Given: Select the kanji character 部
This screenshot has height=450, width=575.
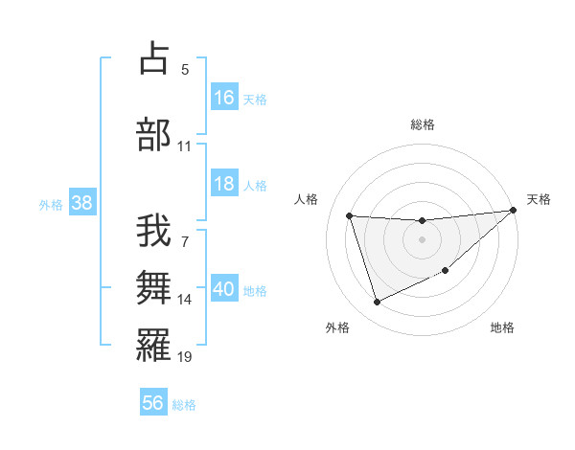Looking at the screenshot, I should point(154,134).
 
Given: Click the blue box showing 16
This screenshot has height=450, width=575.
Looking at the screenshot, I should point(224,98).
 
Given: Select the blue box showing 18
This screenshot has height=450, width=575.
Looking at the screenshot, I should point(224,184).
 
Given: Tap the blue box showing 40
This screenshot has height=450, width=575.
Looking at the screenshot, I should point(224,290).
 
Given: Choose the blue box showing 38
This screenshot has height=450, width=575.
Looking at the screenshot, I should point(81,203).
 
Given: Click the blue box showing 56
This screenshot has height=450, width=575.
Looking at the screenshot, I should point(153,403).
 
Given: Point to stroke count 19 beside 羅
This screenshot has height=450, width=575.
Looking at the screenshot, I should point(185,357).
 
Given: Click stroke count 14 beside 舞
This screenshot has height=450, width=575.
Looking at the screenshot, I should point(185,300).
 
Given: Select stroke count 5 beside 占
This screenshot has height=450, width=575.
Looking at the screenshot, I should point(185,69).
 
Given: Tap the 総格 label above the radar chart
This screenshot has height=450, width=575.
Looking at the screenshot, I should point(423,124).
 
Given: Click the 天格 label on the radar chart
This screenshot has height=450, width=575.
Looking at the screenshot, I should point(539,199).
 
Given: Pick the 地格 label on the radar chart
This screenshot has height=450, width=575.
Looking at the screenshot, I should point(502,327).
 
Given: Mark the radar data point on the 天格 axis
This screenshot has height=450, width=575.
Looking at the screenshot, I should point(514,211).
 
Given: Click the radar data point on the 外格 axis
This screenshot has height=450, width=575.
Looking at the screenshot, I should point(377,303).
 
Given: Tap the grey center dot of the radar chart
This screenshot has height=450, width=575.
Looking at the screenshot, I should point(422,239).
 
